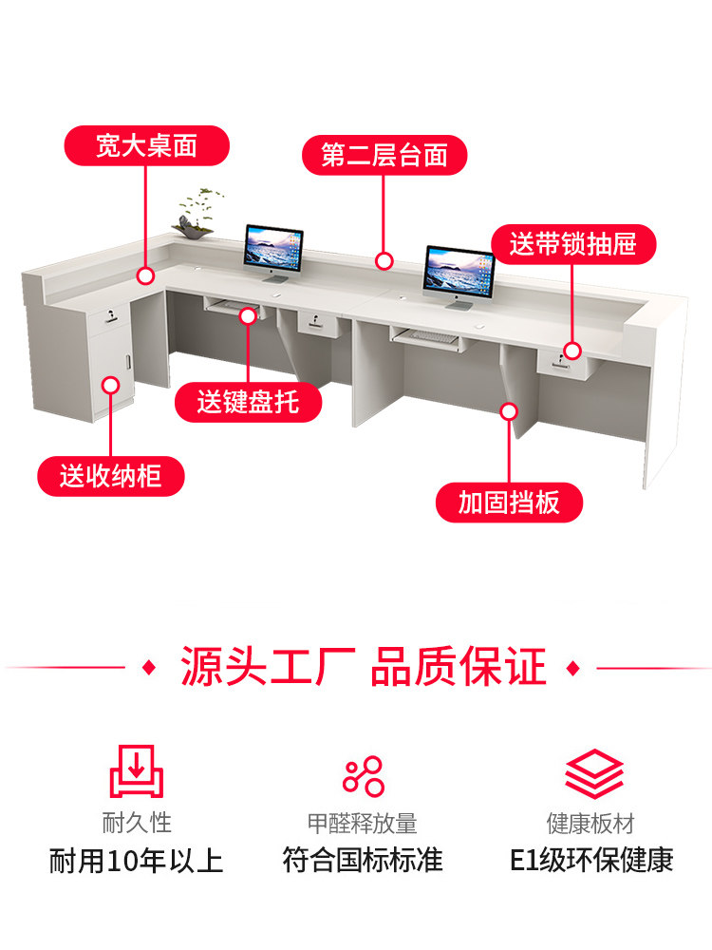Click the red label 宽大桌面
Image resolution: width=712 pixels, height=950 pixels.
[146, 146]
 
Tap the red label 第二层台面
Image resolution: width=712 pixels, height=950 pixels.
[384, 155]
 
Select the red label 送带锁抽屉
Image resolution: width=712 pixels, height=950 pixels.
[572, 244]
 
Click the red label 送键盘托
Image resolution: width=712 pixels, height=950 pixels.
[248, 402]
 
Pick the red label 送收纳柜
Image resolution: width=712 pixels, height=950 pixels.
[111, 476]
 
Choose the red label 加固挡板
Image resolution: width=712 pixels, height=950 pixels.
[509, 503]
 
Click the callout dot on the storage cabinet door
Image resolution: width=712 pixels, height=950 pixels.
[110, 386]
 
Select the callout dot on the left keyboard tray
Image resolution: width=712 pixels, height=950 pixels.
[248, 315]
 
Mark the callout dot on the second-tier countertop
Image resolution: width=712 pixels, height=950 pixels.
[384, 261]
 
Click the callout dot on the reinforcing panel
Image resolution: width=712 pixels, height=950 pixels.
[509, 411]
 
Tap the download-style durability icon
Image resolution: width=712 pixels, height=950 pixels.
[136, 771]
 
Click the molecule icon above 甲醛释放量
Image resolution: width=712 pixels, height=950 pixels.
[364, 776]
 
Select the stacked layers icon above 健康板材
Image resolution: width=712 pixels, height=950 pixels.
[594, 773]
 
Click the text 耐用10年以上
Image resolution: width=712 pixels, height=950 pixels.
[136, 861]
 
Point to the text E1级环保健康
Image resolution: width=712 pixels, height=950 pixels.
[591, 861]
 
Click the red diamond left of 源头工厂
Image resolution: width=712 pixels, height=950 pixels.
[149, 668]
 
